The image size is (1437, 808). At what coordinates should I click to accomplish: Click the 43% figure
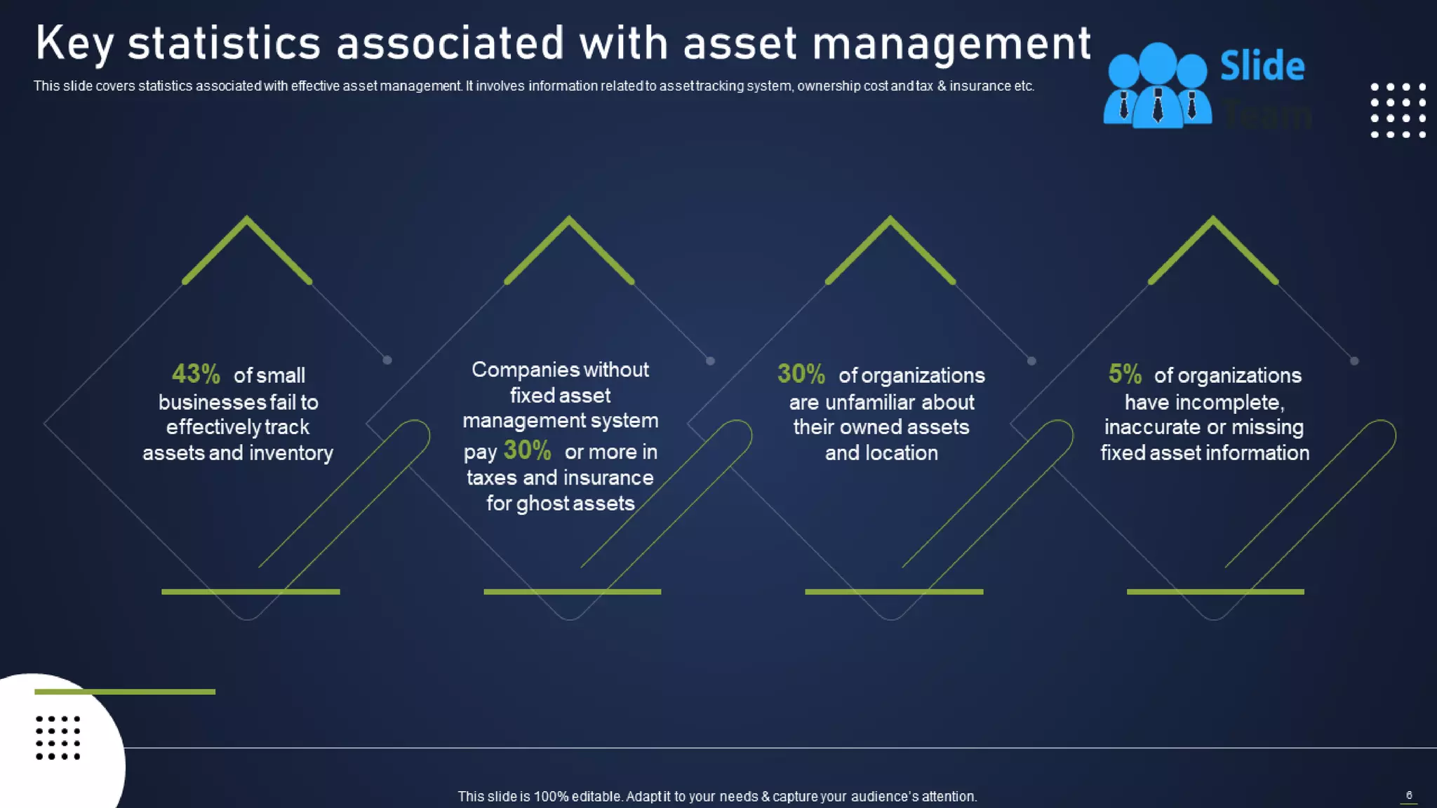(x=196, y=374)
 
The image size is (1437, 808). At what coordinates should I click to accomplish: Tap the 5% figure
(x=1125, y=374)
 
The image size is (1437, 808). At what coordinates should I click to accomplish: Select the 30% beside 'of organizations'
(x=801, y=374)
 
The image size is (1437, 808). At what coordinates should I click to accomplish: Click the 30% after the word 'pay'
(x=527, y=450)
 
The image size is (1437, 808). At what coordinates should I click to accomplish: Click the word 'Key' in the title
(x=74, y=43)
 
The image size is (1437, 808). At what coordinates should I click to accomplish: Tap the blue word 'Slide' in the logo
(x=1262, y=67)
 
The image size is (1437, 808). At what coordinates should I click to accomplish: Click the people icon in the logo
(x=1157, y=86)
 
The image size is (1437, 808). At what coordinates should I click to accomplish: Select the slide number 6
(x=1409, y=795)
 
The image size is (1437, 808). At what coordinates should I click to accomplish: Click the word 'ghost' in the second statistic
(x=541, y=504)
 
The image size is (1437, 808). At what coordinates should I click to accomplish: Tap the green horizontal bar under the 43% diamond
(x=250, y=592)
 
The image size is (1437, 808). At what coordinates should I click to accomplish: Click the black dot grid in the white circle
(x=58, y=738)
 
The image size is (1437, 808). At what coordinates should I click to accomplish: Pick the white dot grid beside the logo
(x=1398, y=111)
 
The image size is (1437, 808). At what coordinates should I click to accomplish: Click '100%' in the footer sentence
(x=551, y=797)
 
